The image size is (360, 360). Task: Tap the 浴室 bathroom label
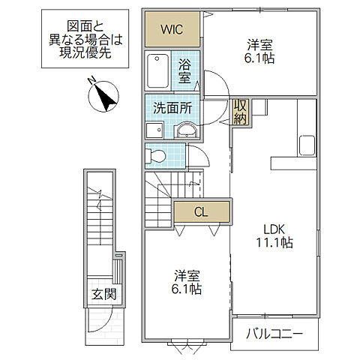pyautogui.click(x=185, y=70)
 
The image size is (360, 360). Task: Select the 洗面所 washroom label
pyautogui.click(x=172, y=108)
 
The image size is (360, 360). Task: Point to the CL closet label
pyautogui.click(x=201, y=212)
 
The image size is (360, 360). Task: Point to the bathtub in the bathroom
pyautogui.click(x=159, y=72)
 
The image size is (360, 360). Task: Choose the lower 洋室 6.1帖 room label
pyautogui.click(x=186, y=281)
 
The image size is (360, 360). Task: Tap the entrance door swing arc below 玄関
pyautogui.click(x=105, y=322)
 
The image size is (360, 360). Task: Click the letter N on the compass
pyautogui.click(x=90, y=80)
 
